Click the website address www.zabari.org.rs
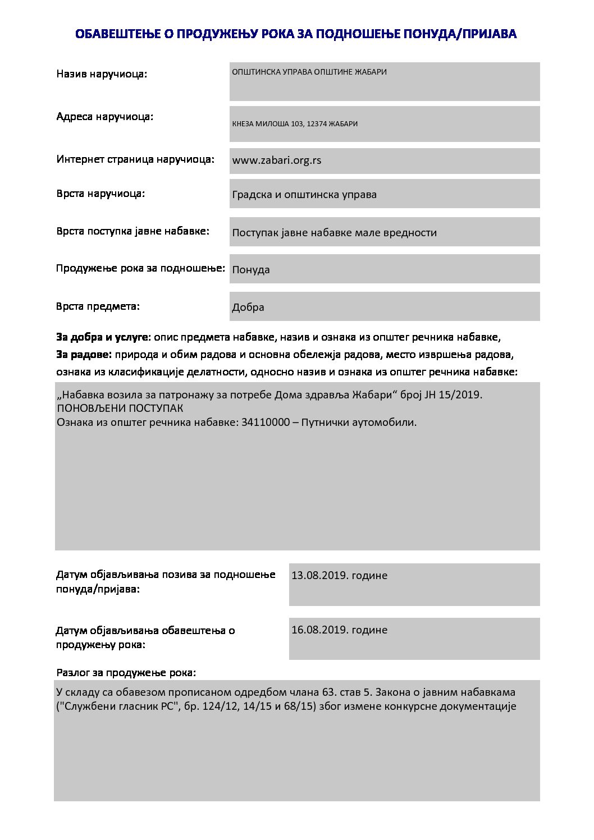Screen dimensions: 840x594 [x=277, y=160]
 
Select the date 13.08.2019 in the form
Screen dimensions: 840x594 [x=319, y=576]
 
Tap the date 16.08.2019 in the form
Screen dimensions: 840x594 [x=319, y=630]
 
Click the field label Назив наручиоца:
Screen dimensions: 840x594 [x=102, y=74]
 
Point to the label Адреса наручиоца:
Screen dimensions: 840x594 [x=105, y=117]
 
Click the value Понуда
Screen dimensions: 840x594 [x=251, y=270]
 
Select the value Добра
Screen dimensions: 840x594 [x=248, y=307]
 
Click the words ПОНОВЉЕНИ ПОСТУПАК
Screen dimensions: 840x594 [x=120, y=408]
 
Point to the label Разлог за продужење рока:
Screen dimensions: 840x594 [x=126, y=672]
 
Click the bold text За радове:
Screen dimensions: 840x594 [x=84, y=355]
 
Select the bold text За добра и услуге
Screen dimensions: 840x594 [x=102, y=337]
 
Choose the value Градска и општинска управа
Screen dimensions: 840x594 [x=304, y=195]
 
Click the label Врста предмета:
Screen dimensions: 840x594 [x=98, y=306]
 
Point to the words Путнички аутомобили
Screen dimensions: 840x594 [x=359, y=423]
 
